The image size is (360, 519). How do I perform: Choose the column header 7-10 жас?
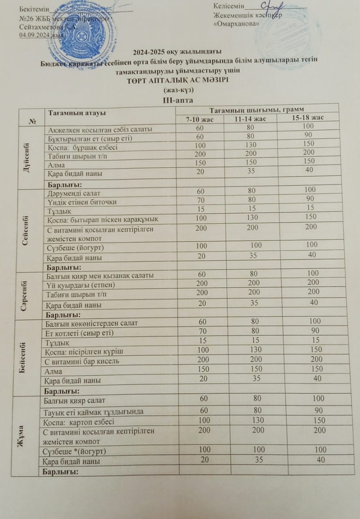[199, 119]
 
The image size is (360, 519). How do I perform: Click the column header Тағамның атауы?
[77, 113]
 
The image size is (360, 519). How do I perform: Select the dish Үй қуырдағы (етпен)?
[79, 285]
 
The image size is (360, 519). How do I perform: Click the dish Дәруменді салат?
[74, 193]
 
